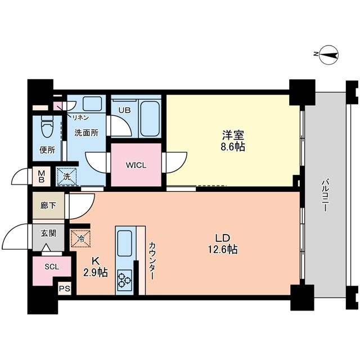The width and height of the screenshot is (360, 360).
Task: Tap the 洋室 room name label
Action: [233, 136]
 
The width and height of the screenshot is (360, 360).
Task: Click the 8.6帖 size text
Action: [233, 147]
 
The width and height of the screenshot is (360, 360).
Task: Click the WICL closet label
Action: [136, 165]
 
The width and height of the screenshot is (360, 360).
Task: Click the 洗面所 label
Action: [87, 133]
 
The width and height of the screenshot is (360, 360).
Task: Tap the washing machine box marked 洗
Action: [67, 177]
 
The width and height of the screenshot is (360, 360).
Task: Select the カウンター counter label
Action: [152, 259]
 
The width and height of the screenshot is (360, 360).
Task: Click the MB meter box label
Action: [42, 176]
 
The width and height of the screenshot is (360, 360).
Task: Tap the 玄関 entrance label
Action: [48, 232]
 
